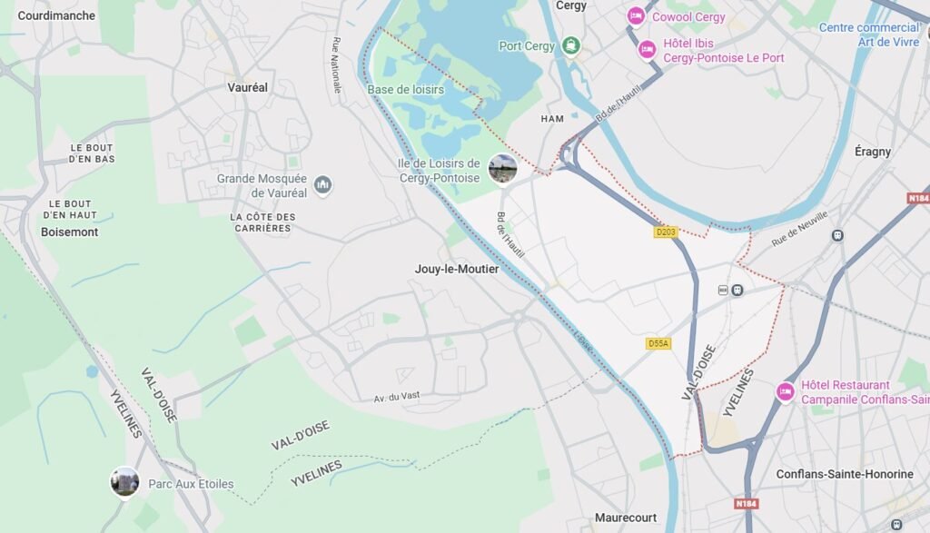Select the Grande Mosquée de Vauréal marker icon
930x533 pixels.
coord(322,186)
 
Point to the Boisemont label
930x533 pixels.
coord(69,232)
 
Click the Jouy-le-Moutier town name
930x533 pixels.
coord(456,269)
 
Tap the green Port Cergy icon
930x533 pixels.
coord(569,45)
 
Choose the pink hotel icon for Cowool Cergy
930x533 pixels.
coord(636,16)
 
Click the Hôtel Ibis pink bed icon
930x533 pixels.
coord(647,49)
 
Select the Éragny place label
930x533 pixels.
coord(872,152)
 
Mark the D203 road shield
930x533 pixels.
coord(666,232)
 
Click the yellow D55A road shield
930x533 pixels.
coord(658,343)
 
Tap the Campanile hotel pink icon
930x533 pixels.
coord(786,391)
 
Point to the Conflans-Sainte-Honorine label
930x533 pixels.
coord(844,474)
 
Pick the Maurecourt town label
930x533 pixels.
coord(625,518)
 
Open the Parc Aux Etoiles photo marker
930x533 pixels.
coord(124,481)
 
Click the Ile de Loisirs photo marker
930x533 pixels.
coord(502,168)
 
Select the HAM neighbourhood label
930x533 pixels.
coord(552,119)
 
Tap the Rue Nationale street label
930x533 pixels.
coord(336,65)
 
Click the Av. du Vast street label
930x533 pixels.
coord(399,399)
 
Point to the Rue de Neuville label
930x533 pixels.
coord(800,229)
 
